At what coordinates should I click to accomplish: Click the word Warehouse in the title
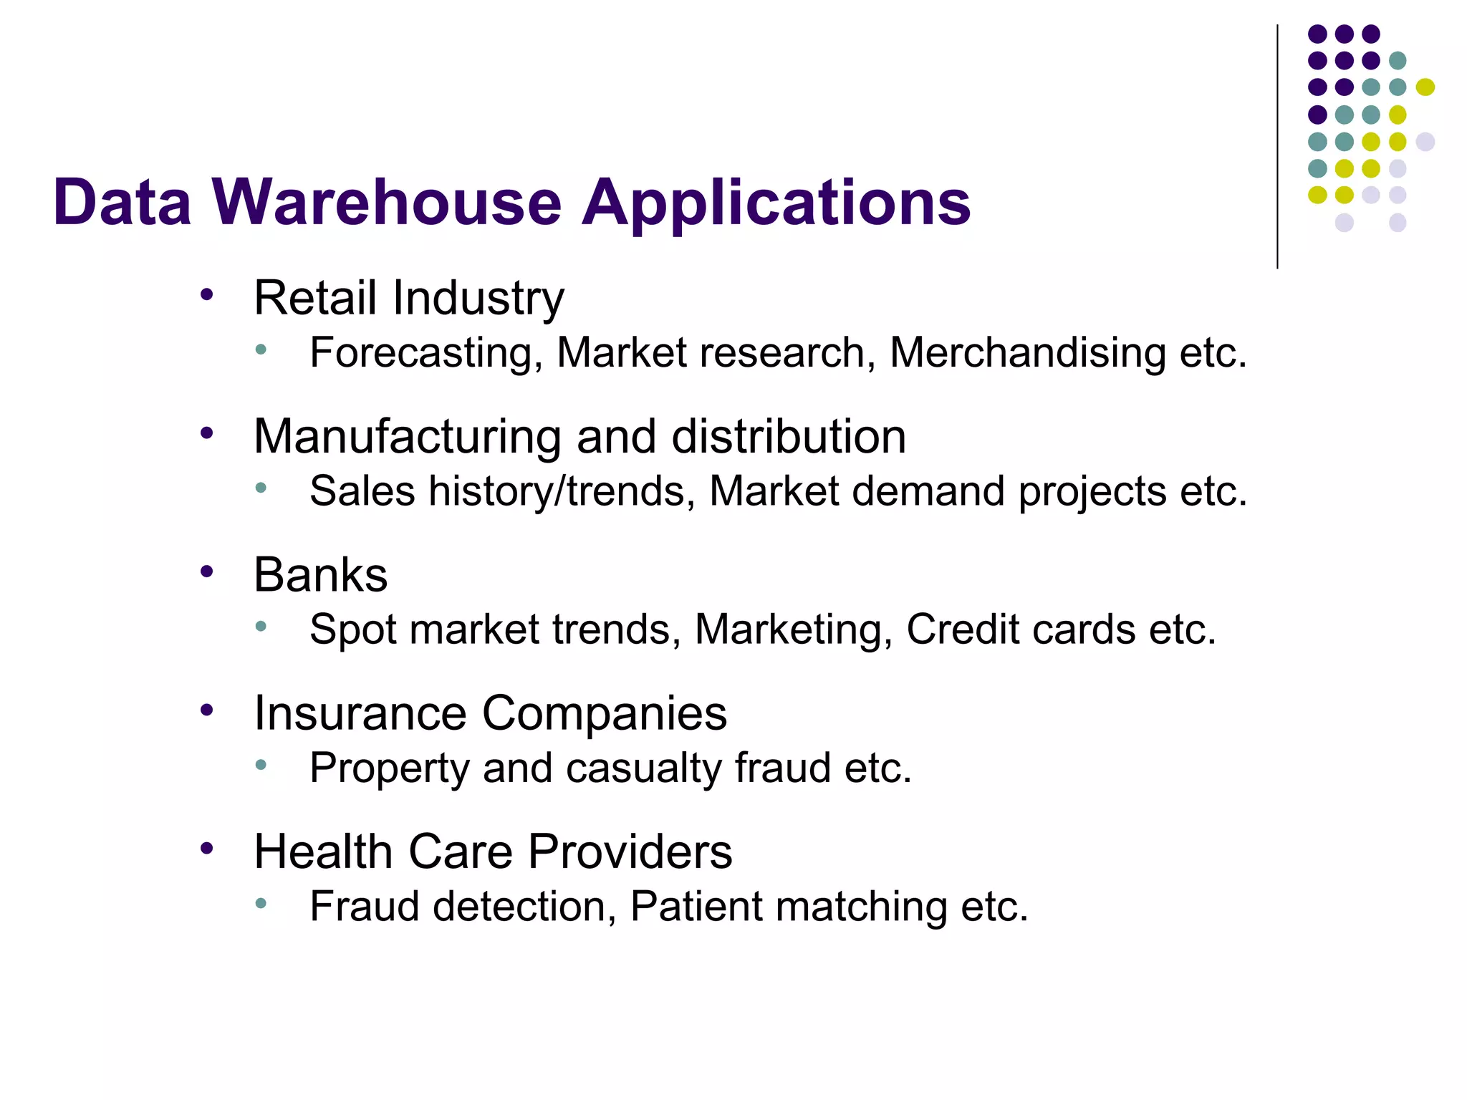click(x=387, y=203)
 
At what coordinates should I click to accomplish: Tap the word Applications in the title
click(x=776, y=204)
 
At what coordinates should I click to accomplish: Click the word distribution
click(x=789, y=436)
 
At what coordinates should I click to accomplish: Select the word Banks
click(x=320, y=574)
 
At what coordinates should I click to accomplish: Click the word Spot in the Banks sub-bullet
click(x=352, y=630)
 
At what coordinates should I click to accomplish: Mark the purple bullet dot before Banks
click(x=207, y=571)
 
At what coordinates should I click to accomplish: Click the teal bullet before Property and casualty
click(x=261, y=765)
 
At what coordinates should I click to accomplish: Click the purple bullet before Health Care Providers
click(x=207, y=849)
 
